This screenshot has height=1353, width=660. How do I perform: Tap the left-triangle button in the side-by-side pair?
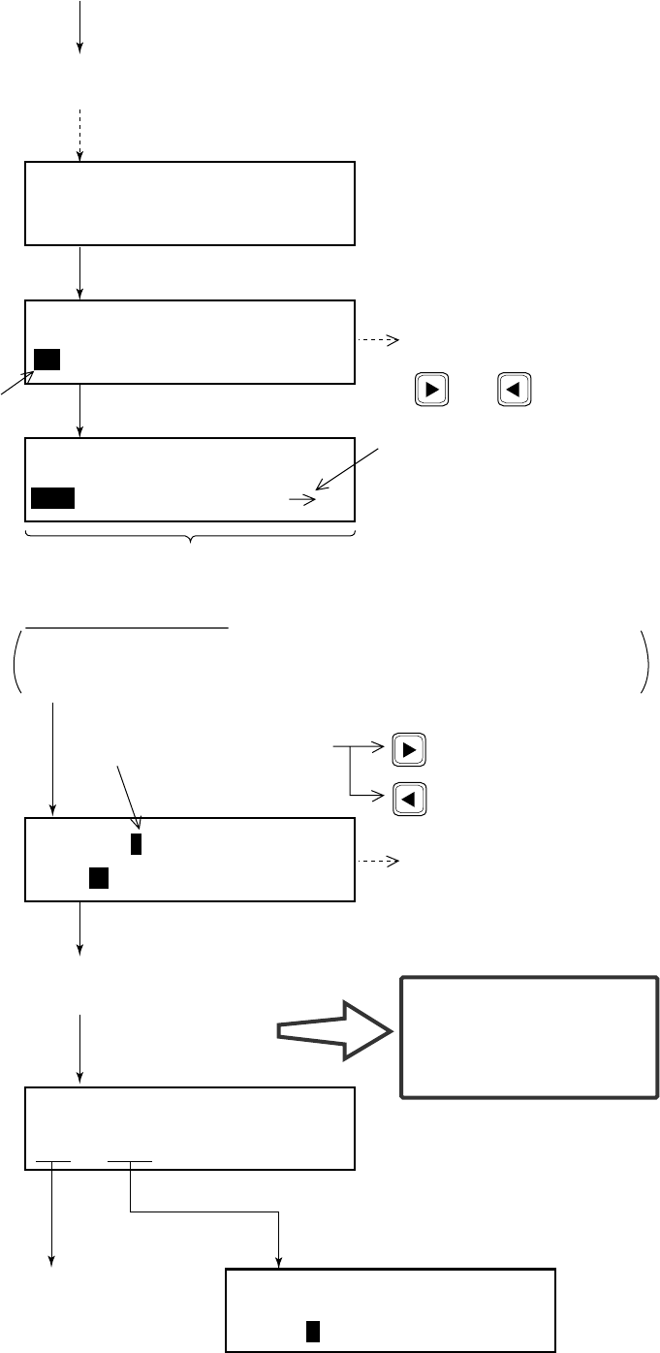513,390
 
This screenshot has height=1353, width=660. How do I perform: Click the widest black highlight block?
52,498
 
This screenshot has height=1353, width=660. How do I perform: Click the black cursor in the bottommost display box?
312,1332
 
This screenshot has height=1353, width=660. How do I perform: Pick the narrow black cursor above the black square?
137,843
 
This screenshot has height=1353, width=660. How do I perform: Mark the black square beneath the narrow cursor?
98,878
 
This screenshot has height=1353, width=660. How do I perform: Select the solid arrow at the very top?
80,27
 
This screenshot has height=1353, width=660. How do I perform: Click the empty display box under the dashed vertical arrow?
191,204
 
